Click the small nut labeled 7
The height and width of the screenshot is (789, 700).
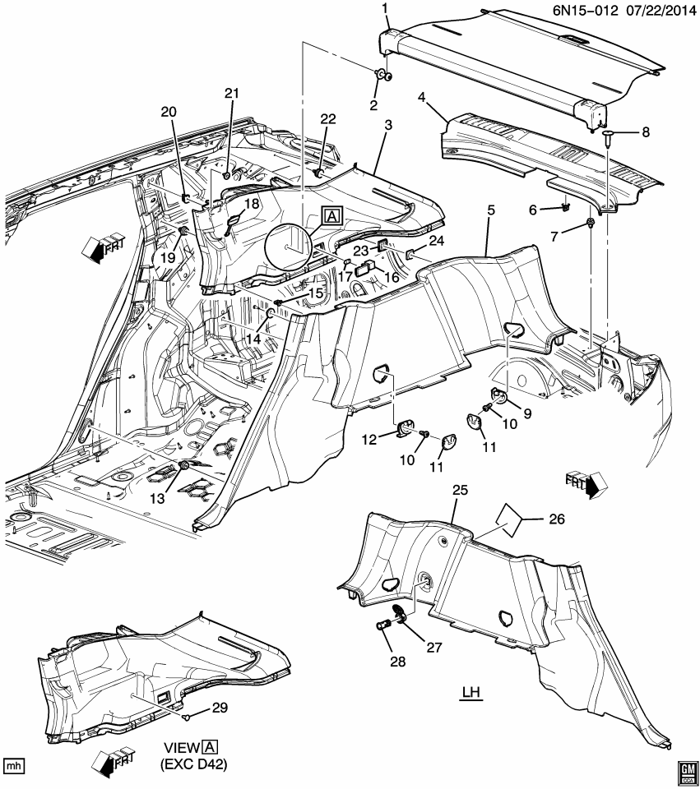click(x=591, y=224)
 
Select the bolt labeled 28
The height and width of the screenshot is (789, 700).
click(x=382, y=628)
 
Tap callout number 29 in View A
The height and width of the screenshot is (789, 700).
click(x=220, y=707)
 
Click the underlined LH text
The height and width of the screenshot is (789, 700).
click(x=470, y=694)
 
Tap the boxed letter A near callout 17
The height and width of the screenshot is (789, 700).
click(x=331, y=216)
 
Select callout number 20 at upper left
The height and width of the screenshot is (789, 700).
click(x=169, y=112)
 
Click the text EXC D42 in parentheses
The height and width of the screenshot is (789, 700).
click(x=193, y=764)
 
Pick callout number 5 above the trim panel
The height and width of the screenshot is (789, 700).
click(x=491, y=210)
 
